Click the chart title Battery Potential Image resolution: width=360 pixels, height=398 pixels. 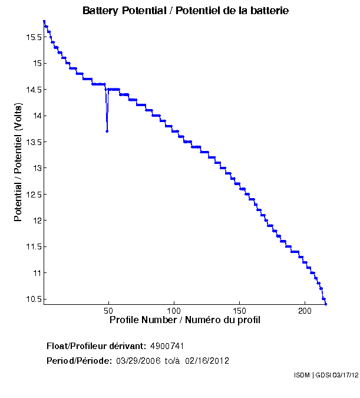pyautogui.click(x=186, y=11)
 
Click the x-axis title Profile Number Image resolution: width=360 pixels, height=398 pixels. pyautogui.click(x=185, y=320)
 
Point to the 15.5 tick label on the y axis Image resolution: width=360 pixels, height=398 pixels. pyautogui.click(x=32, y=37)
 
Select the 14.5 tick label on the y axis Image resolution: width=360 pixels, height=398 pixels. pyautogui.click(x=32, y=90)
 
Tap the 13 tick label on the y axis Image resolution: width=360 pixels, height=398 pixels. pyautogui.click(x=36, y=168)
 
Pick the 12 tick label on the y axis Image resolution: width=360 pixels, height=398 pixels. pyautogui.click(x=36, y=221)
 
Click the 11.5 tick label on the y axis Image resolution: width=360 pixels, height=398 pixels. pyautogui.click(x=32, y=246)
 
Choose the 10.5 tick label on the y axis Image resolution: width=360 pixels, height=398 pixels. pyautogui.click(x=32, y=299)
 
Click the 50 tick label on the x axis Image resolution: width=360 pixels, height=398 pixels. pyautogui.click(x=108, y=310)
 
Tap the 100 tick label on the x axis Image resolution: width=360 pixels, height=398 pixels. pyautogui.click(x=174, y=310)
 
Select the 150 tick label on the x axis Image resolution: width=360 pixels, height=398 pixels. pyautogui.click(x=239, y=310)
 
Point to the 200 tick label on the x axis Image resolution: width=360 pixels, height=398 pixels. pyautogui.click(x=305, y=310)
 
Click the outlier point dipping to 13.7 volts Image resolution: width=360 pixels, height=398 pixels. pyautogui.click(x=107, y=131)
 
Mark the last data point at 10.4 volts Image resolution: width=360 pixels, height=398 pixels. pyautogui.click(x=326, y=304)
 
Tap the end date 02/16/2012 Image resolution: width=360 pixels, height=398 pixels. pyautogui.click(x=207, y=360)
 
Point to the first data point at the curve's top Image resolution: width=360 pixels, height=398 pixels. pyautogui.click(x=44, y=21)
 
